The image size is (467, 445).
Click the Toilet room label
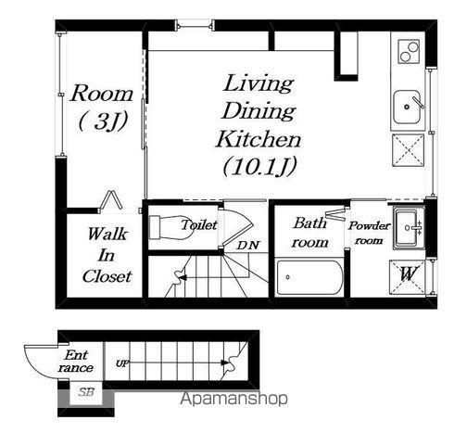pos(199,224)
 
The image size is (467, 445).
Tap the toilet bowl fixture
pos(171,227)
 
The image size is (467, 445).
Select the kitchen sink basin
pos(407,107)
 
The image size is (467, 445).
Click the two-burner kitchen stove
pos(409,51)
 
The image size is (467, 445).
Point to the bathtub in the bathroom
pos(309,277)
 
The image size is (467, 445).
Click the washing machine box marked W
pos(408,277)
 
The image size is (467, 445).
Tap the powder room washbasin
pos(408,228)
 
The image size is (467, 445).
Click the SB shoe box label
pos(85,392)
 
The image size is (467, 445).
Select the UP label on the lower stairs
pos(122,363)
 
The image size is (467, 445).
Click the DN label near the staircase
pos(247,245)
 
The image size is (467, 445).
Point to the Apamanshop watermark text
pos(233,399)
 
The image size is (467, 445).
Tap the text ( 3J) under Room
pos(103,121)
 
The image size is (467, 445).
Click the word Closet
pos(107,276)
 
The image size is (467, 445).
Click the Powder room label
pos(369,233)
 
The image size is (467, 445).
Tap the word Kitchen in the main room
pos(259,139)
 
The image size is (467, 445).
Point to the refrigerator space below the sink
pos(408,150)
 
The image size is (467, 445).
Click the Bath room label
pos(309,233)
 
